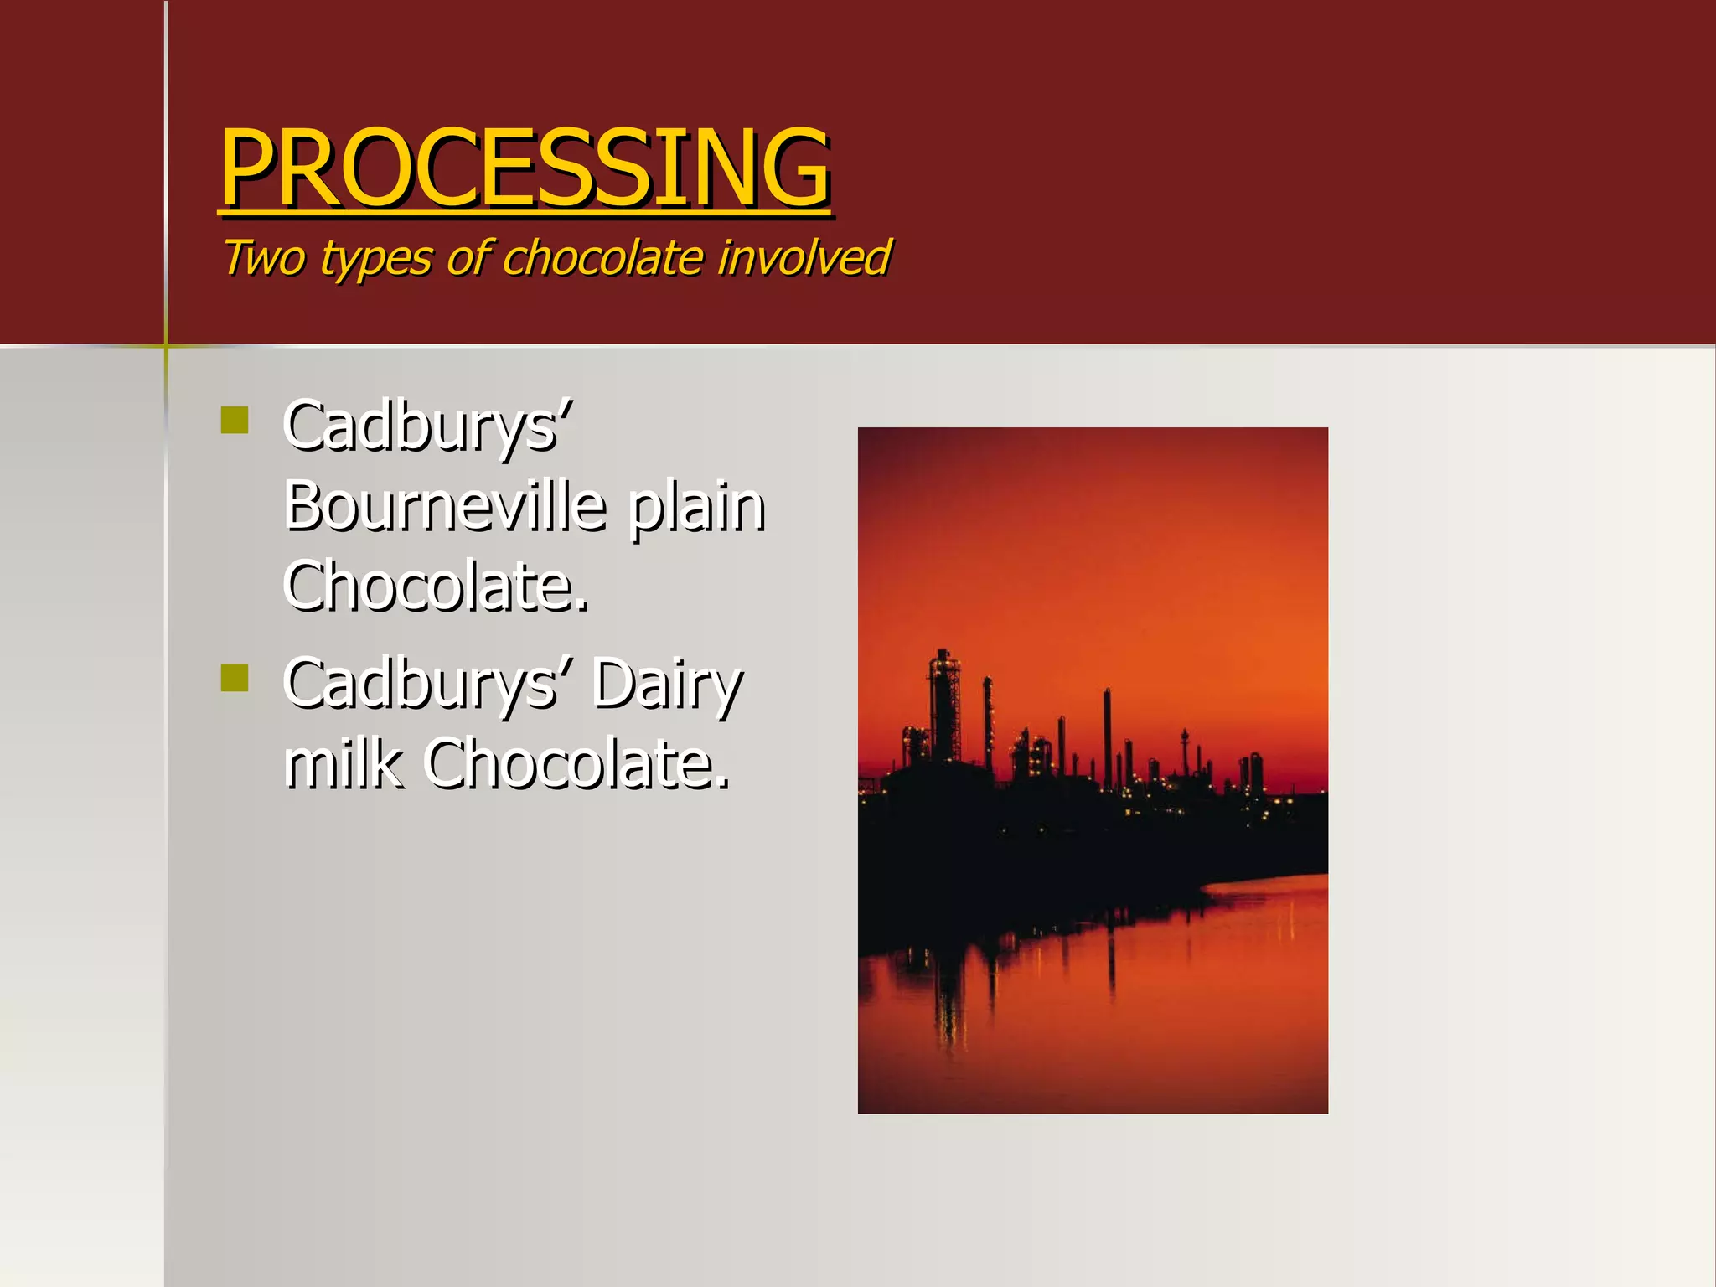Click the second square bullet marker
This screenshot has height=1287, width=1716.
(x=235, y=678)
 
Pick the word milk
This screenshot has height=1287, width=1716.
(x=343, y=763)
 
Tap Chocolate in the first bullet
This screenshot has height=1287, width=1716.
(x=436, y=586)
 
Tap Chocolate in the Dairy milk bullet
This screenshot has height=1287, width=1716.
(x=576, y=763)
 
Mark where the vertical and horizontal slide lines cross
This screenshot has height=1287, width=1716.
(x=166, y=345)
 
